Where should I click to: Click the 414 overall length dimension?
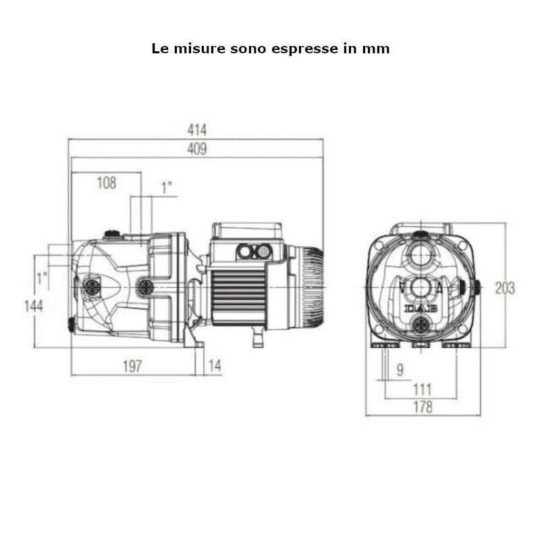(197, 130)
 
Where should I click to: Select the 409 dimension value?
(197, 150)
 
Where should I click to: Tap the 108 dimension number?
(106, 183)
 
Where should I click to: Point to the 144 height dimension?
(32, 306)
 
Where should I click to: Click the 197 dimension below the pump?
(132, 366)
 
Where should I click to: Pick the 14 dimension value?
(215, 366)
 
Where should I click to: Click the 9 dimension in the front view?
(400, 370)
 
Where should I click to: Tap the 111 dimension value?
(422, 389)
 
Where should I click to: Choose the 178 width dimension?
(423, 407)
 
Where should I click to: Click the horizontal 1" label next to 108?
(167, 187)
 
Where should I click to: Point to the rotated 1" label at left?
(43, 277)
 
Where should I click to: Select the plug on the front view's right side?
(476, 288)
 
